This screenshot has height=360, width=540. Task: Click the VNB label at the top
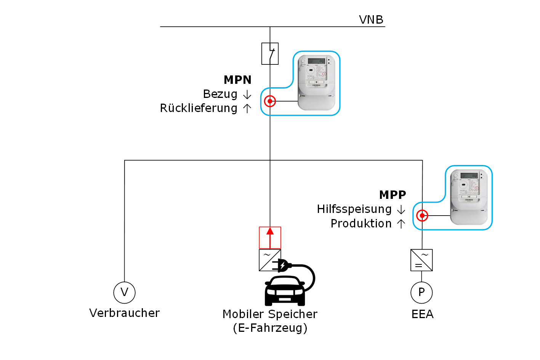(371, 19)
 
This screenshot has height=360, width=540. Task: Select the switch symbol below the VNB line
(270, 53)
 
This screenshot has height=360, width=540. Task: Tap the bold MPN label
(237, 80)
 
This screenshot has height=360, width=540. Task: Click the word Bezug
(220, 94)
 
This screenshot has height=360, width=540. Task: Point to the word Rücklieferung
(199, 108)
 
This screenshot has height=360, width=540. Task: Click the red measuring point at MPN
(270, 101)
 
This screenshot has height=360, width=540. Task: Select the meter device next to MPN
(317, 83)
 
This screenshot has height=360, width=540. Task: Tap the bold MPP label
(393, 195)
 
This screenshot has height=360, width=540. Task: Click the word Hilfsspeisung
(354, 209)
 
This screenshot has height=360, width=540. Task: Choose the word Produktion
(361, 224)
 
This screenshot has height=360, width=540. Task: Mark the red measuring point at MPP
(422, 216)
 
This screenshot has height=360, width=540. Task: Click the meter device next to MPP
(469, 197)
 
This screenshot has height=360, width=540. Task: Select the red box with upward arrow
(270, 238)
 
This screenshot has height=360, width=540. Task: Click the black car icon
(285, 291)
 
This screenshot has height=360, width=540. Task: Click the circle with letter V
(125, 293)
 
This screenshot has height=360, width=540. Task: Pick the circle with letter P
(421, 293)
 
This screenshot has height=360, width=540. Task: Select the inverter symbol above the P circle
(421, 260)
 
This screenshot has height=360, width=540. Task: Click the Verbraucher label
(124, 313)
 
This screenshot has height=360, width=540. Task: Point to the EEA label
(422, 314)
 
